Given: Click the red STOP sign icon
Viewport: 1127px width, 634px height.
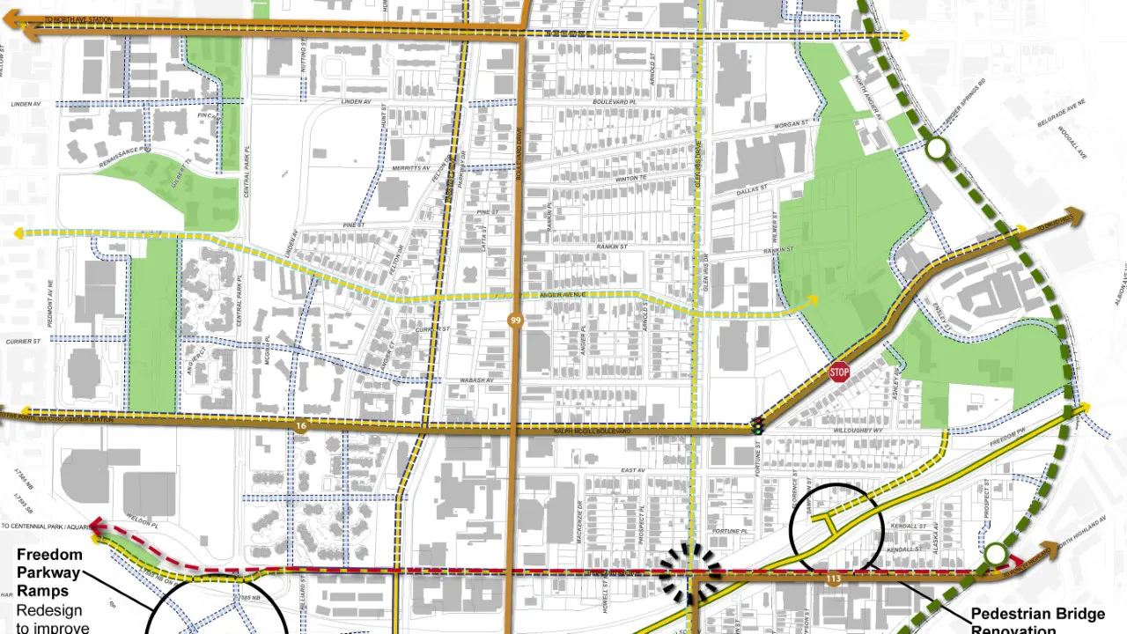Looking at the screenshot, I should point(839,372).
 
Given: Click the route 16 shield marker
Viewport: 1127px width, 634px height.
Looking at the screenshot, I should point(301,426).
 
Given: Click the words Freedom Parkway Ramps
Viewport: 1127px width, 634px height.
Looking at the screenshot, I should point(49,571).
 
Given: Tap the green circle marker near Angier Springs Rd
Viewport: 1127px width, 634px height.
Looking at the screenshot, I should point(937,150).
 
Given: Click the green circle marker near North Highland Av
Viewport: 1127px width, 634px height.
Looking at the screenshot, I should point(996,554).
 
